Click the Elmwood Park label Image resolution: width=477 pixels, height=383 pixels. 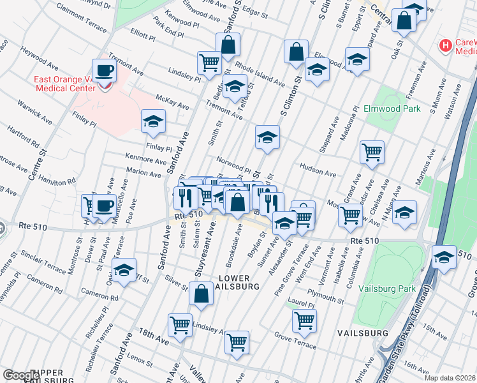392,109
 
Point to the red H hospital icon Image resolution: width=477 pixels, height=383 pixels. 446,46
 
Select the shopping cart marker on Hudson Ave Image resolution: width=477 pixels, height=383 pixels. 372,152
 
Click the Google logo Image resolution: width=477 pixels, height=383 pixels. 20,375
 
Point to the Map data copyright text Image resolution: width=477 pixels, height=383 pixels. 450,377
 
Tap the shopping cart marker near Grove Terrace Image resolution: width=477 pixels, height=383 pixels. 304,320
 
